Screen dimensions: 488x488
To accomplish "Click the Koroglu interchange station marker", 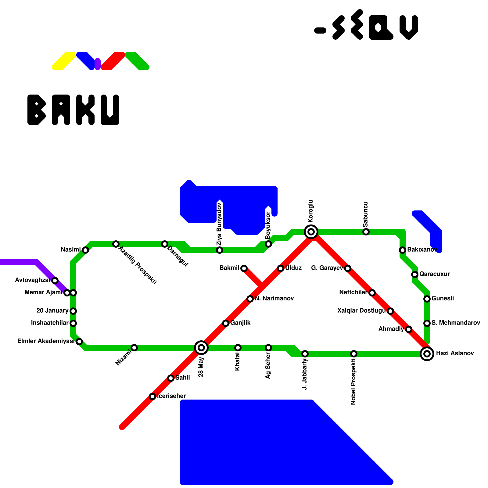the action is (311, 232).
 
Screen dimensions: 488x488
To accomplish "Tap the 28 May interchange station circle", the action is (201, 348).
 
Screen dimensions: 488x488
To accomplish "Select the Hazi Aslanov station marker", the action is (427, 354).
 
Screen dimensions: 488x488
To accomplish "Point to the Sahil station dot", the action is (171, 378).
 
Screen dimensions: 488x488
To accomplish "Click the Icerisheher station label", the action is (172, 396).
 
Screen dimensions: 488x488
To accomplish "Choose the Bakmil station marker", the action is (244, 268).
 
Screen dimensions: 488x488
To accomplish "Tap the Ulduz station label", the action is (293, 268).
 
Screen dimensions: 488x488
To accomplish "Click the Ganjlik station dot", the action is (226, 323).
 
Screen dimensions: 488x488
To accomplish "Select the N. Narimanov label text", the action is (274, 299).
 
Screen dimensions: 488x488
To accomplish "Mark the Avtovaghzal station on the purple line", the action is (55, 281).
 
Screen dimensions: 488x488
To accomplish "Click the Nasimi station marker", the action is (85, 250).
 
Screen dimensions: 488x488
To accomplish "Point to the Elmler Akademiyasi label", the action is (46, 341).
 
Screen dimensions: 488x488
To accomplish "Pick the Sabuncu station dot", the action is (366, 232).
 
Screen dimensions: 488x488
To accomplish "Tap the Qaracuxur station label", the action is (434, 274).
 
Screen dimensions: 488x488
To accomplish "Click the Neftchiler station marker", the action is (372, 293).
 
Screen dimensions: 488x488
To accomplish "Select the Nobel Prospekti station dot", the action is (354, 354).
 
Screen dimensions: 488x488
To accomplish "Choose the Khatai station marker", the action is (238, 348).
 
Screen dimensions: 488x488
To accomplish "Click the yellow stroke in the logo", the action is (64, 61).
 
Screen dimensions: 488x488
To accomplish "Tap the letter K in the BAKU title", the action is (85, 110).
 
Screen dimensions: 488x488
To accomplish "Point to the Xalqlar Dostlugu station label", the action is (361, 311).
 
